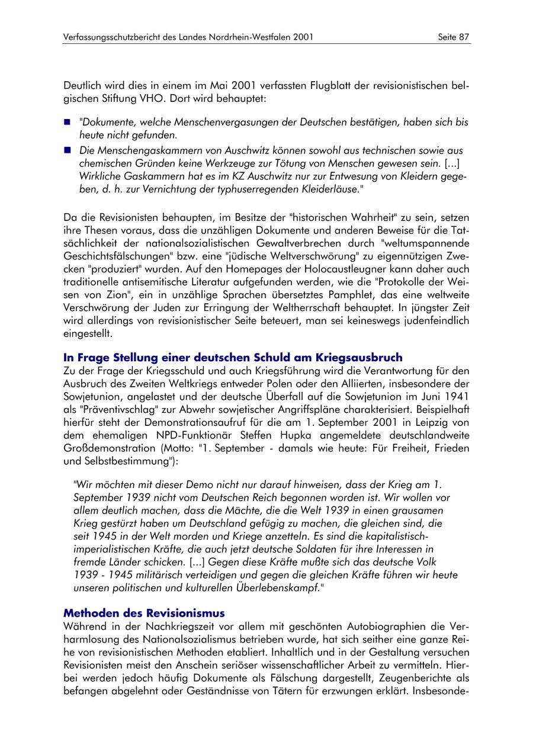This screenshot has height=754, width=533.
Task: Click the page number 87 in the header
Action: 464,37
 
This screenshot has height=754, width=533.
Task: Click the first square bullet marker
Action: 67,123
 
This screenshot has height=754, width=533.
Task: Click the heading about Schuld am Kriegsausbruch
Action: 233,357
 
